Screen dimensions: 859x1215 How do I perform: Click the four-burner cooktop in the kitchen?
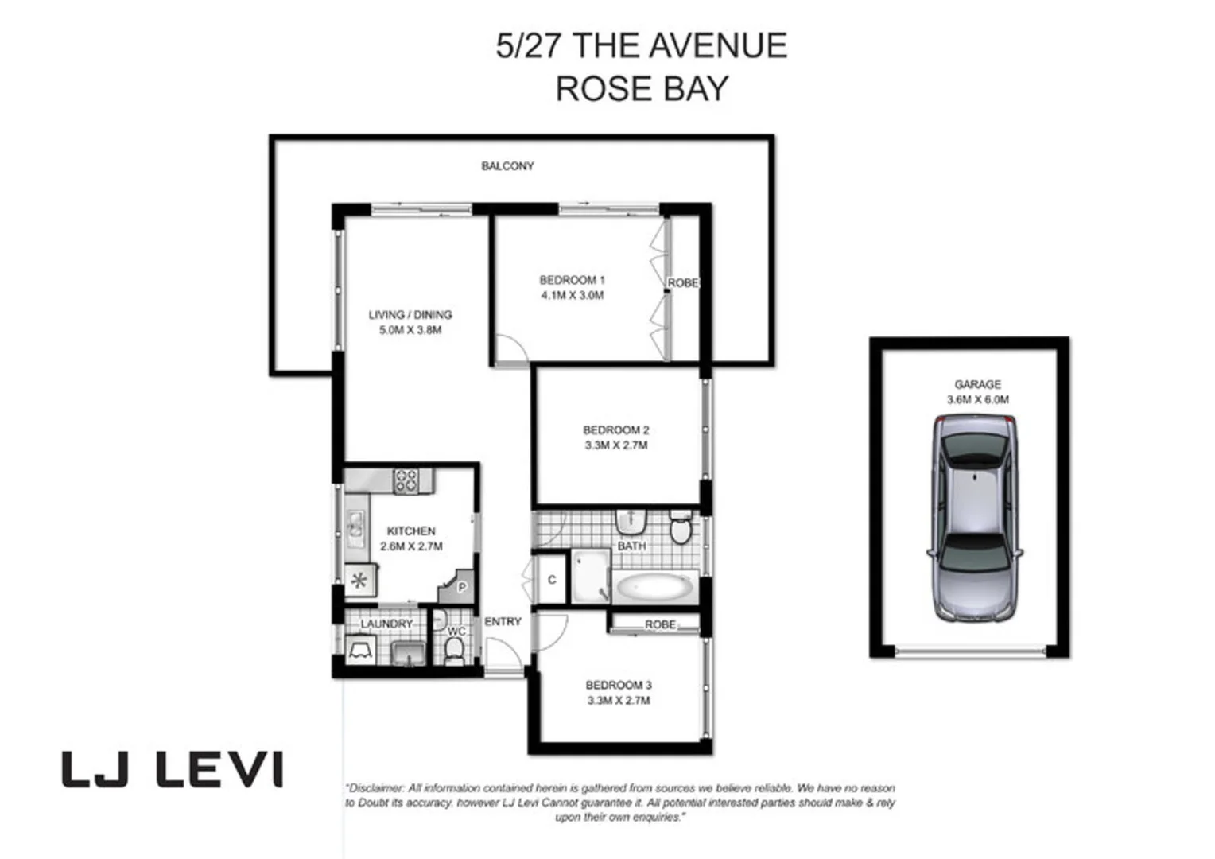click(406, 480)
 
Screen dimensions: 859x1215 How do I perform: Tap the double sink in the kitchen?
click(355, 524)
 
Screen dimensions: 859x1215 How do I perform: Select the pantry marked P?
click(460, 587)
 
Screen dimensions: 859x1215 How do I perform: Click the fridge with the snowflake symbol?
click(359, 580)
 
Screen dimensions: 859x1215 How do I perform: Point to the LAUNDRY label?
click(386, 624)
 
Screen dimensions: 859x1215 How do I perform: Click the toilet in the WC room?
click(454, 651)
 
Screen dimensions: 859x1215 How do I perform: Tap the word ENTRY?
click(503, 621)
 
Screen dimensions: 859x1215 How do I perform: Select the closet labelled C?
click(552, 580)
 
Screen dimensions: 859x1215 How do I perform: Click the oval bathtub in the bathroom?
click(654, 589)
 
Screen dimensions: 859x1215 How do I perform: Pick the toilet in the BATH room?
click(681, 528)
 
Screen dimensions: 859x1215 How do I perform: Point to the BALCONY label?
click(507, 166)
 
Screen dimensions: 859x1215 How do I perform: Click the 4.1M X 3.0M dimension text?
click(572, 295)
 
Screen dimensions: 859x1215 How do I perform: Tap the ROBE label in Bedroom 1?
click(682, 283)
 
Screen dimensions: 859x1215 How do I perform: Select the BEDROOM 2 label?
click(615, 430)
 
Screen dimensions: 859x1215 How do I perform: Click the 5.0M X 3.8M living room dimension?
click(410, 330)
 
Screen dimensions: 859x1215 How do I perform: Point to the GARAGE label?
click(977, 384)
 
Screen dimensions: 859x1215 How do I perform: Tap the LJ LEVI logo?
click(173, 769)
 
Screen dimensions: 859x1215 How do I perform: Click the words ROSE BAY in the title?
click(641, 88)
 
